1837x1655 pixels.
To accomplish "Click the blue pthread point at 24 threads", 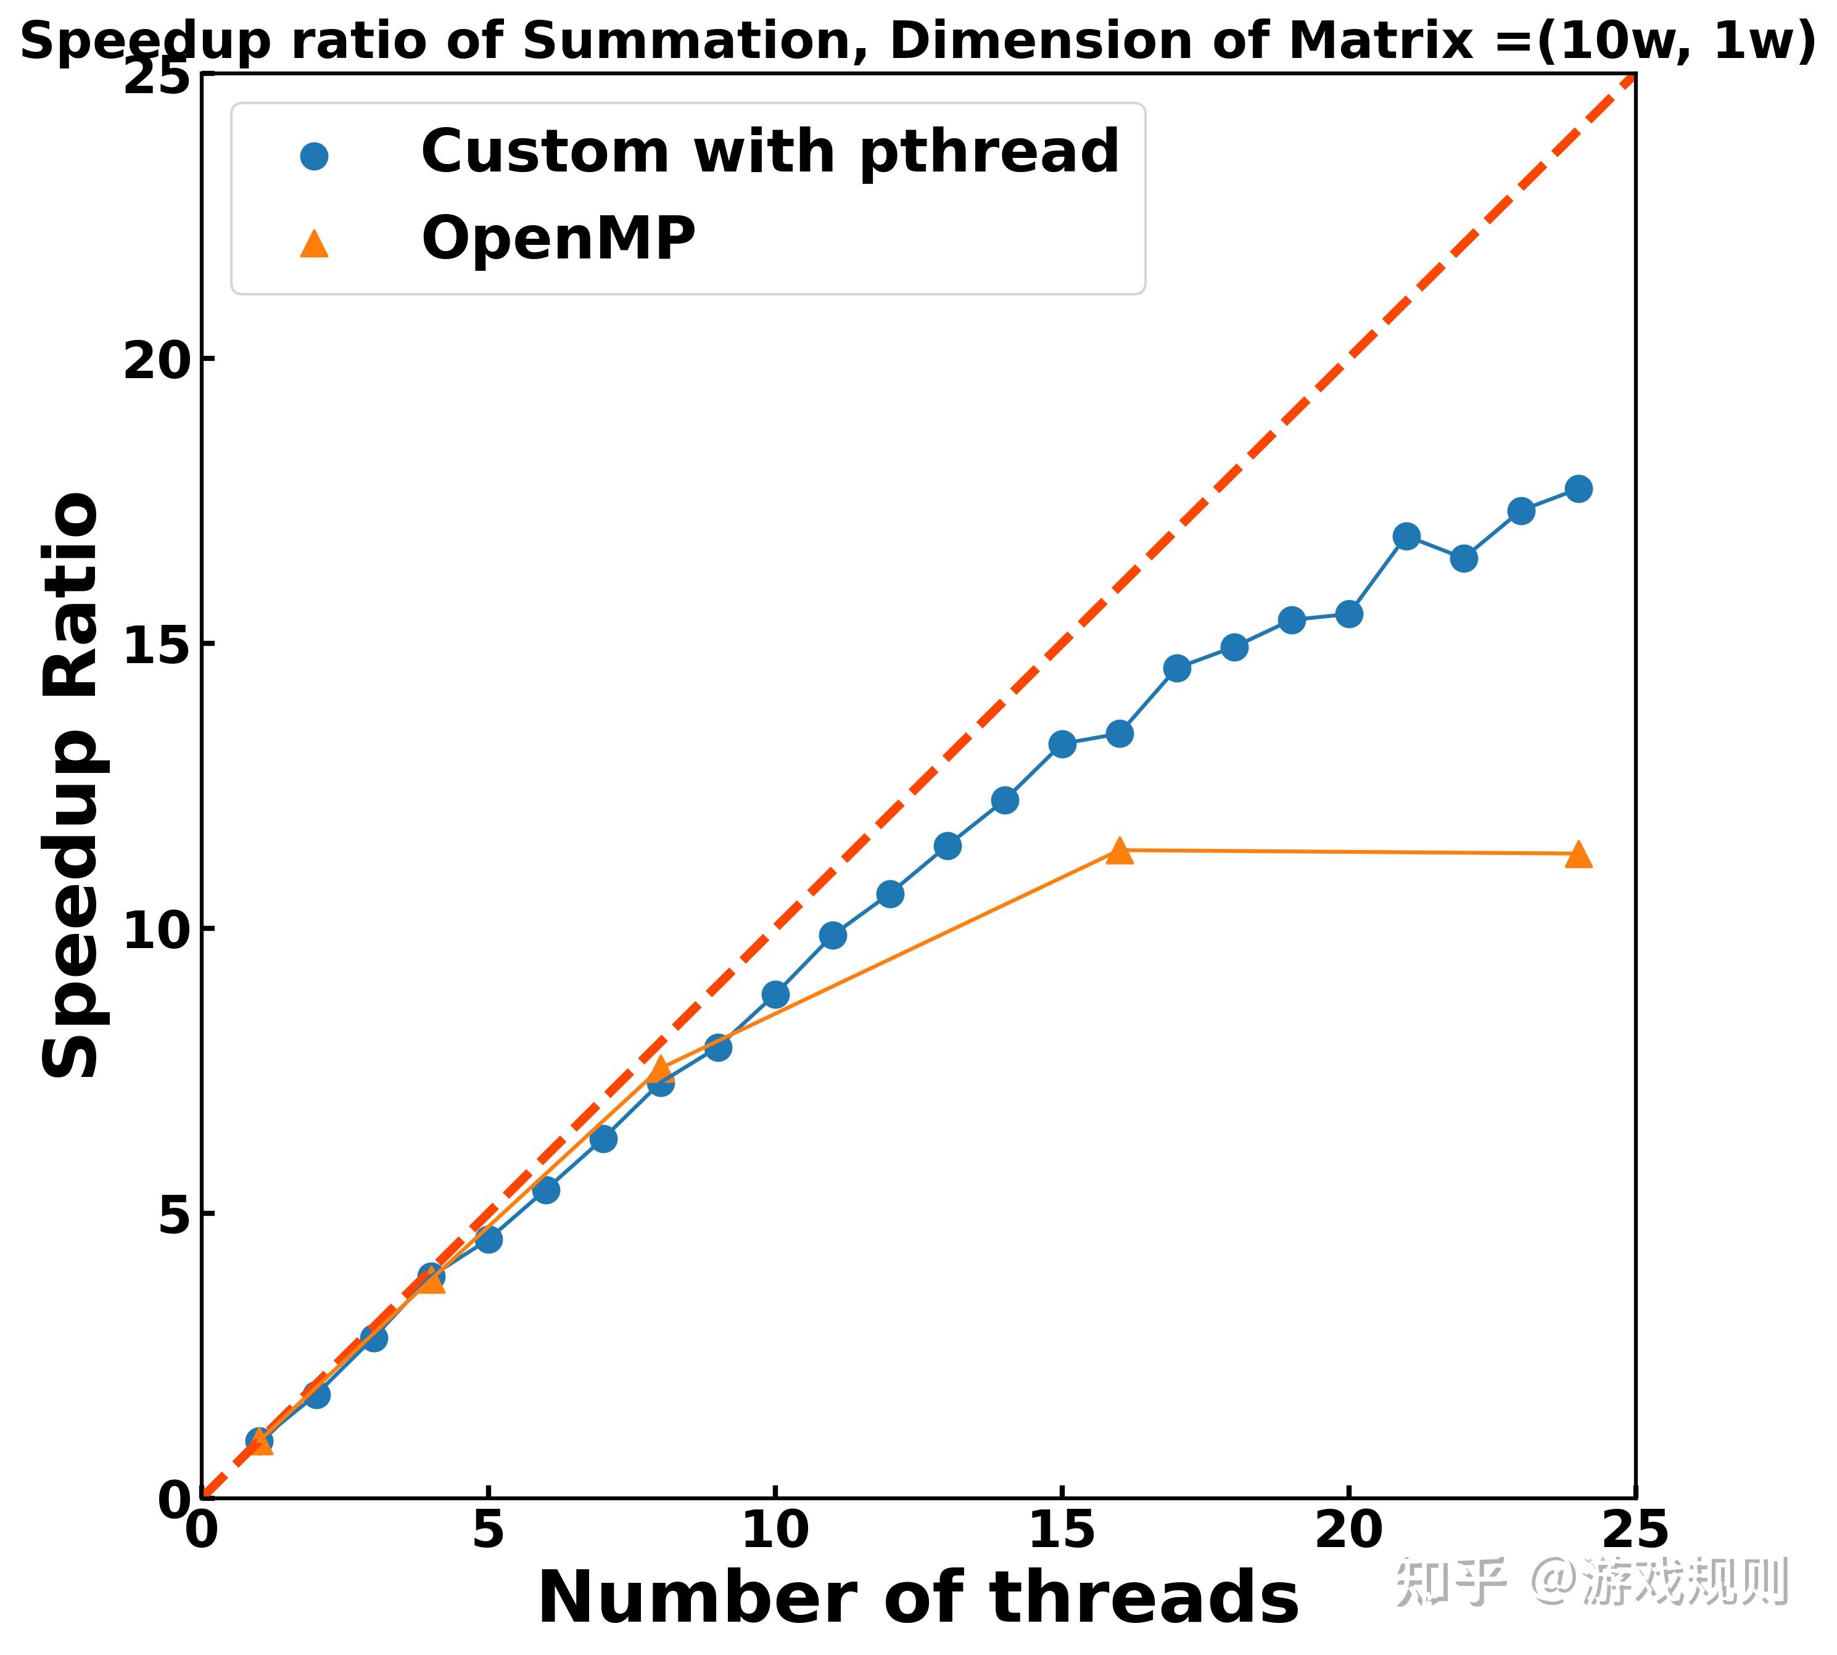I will (1578, 489).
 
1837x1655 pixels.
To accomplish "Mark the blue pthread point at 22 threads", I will (1463, 558).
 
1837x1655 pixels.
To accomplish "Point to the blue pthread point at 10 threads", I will (775, 994).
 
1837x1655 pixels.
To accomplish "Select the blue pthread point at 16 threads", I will (1120, 733).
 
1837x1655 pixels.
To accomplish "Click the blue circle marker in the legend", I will (314, 157).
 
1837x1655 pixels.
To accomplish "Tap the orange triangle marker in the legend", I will (314, 244).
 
